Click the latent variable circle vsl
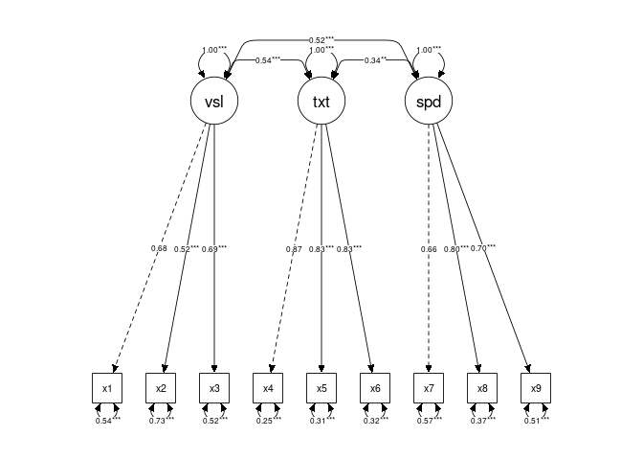point(214,102)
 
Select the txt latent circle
point(321,102)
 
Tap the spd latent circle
point(429,102)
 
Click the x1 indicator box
point(107,388)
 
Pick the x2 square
point(161,388)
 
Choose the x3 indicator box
point(214,388)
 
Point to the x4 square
point(268,388)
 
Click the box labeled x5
point(321,388)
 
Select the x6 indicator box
point(375,388)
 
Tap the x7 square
point(429,388)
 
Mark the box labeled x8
point(482,388)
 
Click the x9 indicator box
point(536,388)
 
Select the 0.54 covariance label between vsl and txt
point(267,59)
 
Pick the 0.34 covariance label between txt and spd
point(375,59)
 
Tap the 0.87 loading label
point(294,249)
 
